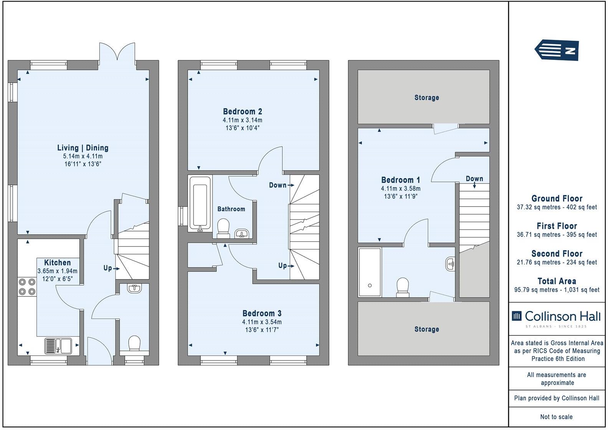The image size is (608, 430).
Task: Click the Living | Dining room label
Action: point(83,148)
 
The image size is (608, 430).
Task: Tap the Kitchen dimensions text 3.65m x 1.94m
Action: point(57,271)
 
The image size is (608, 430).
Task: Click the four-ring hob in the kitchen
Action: point(27,286)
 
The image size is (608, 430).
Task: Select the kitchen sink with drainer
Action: point(58,345)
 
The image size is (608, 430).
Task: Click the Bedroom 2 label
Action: point(242,112)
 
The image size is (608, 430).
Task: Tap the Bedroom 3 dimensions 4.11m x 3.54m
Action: point(261,322)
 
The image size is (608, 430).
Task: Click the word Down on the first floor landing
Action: point(278,185)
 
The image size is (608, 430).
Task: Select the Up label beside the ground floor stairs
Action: point(108,268)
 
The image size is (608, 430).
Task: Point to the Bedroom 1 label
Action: point(400,180)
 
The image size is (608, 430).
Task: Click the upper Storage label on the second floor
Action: point(426,98)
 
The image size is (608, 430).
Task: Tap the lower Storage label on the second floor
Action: point(426,329)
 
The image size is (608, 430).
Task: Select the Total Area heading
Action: point(557,281)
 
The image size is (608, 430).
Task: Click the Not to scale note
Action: point(556,417)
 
